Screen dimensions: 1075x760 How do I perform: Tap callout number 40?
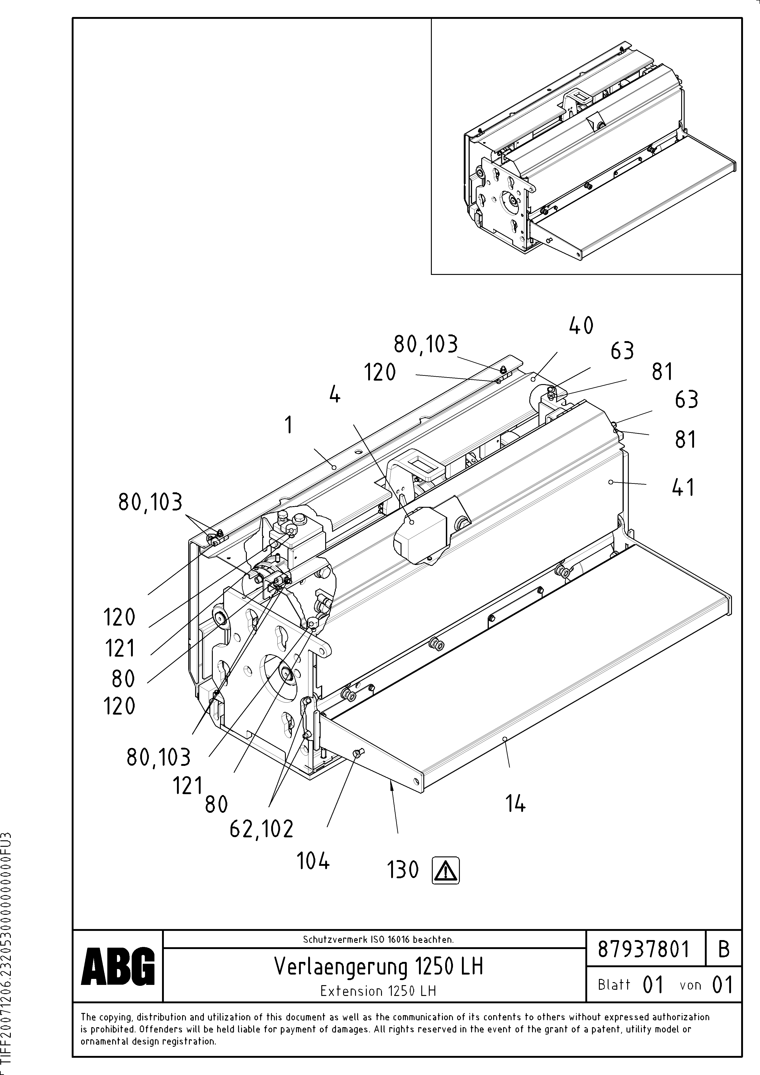pyautogui.click(x=581, y=326)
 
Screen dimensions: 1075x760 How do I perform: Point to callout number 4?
pyautogui.click(x=334, y=396)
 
